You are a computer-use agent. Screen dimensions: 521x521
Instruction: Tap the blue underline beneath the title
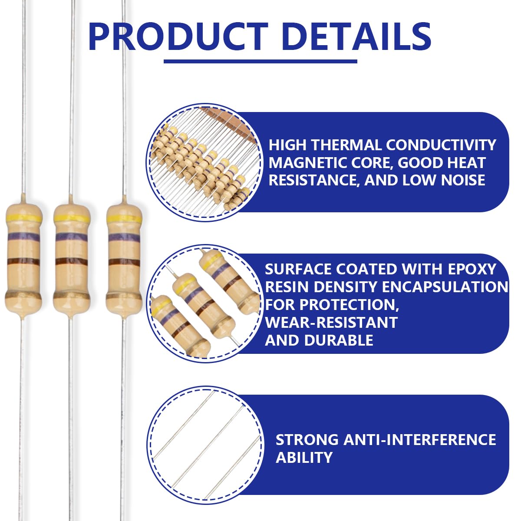coord(260,61)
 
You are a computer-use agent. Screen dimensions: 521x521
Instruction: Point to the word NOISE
coord(463,180)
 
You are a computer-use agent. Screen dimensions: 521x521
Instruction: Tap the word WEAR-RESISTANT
coord(331,322)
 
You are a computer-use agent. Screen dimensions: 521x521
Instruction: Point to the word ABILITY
coord(304,457)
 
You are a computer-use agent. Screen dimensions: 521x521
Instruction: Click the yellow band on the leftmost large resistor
coord(23,218)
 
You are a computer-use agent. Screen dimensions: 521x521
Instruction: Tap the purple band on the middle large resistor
coord(71,237)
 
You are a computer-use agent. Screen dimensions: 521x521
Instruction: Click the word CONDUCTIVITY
coord(441,145)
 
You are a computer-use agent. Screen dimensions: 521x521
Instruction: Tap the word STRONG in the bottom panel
coord(307,439)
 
